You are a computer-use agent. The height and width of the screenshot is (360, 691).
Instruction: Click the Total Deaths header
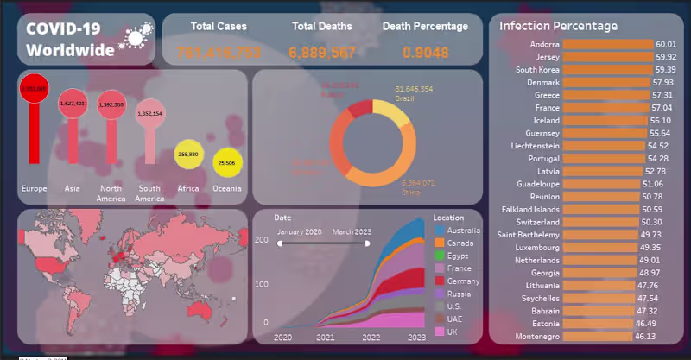click(x=321, y=27)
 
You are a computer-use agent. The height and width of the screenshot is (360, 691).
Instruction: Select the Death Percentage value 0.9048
click(x=425, y=54)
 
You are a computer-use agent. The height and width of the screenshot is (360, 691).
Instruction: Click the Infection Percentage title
click(x=558, y=26)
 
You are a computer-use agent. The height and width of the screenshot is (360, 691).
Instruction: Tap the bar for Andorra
click(x=607, y=44)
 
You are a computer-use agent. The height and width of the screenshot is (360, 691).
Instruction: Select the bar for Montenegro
click(x=597, y=336)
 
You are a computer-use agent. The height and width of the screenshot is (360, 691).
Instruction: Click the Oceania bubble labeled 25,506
click(x=227, y=162)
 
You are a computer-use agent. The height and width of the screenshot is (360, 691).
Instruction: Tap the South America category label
click(x=149, y=193)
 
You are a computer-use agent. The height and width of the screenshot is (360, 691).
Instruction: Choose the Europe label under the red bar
click(x=34, y=188)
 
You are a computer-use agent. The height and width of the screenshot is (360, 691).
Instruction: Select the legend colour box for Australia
click(x=440, y=231)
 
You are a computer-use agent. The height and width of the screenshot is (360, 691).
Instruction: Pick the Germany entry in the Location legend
click(x=463, y=281)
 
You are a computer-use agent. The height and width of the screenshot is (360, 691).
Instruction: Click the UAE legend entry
click(x=454, y=319)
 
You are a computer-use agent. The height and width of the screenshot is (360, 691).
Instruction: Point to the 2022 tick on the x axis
click(x=371, y=338)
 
